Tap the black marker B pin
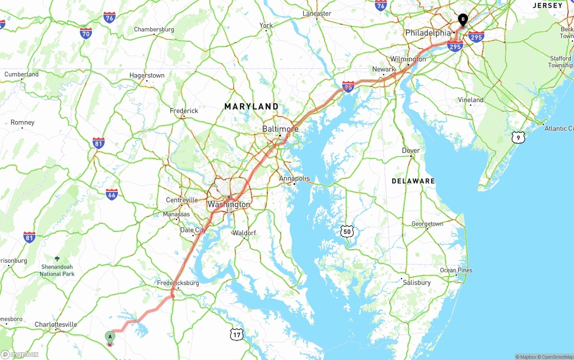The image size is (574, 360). [462, 20]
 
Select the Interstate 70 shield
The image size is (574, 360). [86, 33]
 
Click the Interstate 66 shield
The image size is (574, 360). [112, 194]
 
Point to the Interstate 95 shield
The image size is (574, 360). [348, 87]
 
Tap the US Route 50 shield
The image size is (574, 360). [346, 231]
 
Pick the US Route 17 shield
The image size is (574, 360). [237, 334]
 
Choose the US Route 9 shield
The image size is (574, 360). [518, 138]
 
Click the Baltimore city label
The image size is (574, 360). [280, 129]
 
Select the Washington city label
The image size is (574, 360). [229, 204]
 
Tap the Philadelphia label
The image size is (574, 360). [427, 33]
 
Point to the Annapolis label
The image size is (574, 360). [294, 178]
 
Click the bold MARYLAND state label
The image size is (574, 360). [251, 107]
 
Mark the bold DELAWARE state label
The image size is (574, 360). [413, 181]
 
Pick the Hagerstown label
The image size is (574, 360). [147, 75]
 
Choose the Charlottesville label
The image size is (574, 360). [56, 324]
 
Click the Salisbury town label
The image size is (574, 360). [417, 282]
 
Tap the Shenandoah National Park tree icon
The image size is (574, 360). [57, 259]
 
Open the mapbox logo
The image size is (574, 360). [20, 354]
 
